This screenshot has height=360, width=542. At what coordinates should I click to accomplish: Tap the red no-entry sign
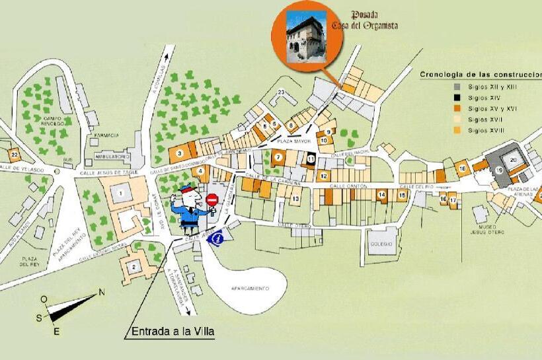(x=212, y=199)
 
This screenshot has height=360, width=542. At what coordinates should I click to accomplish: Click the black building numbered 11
(x=311, y=158)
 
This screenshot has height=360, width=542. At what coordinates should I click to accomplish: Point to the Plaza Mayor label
(x=293, y=141)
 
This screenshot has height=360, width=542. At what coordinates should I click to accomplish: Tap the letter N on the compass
(x=102, y=291)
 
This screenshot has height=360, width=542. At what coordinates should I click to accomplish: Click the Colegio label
(x=381, y=242)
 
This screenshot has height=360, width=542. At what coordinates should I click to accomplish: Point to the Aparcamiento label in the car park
(x=251, y=289)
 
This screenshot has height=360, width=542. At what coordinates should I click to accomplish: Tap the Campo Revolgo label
(x=51, y=121)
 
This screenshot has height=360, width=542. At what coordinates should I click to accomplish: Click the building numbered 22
(x=14, y=155)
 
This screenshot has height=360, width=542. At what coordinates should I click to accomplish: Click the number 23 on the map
(x=281, y=92)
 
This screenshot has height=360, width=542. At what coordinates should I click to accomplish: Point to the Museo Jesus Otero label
(x=487, y=229)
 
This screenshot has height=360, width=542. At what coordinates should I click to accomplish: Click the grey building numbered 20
(x=513, y=159)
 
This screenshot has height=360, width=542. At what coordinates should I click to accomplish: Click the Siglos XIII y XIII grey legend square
(x=457, y=86)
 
